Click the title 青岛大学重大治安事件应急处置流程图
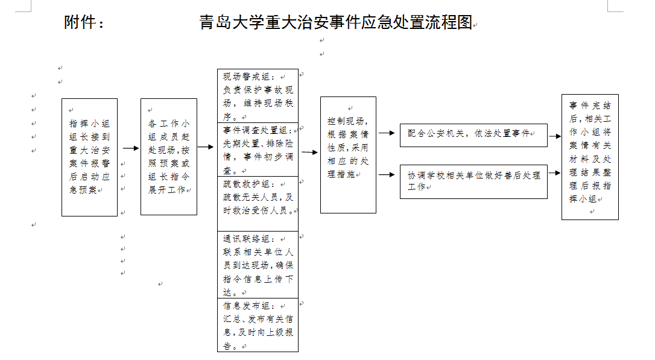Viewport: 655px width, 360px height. [x=335, y=23]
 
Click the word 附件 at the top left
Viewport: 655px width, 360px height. [x=84, y=23]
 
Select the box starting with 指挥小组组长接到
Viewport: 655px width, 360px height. [x=89, y=157]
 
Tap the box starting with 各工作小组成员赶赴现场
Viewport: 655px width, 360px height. [x=169, y=156]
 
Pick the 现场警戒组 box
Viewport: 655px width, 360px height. [x=258, y=96]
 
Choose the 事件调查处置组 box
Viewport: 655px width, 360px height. [x=258, y=150]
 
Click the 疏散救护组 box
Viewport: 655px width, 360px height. [x=258, y=203]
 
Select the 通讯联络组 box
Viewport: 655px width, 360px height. [x=258, y=265]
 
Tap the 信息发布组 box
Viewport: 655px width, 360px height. [x=258, y=325]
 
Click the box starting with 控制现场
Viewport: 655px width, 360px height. [x=348, y=155]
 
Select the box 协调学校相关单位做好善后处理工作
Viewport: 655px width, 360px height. [x=473, y=181]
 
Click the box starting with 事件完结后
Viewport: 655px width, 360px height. [x=590, y=157]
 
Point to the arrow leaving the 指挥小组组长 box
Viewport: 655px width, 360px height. [x=130, y=148]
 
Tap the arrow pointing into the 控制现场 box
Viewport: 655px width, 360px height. [x=309, y=152]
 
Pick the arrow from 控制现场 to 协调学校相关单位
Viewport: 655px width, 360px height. [x=387, y=175]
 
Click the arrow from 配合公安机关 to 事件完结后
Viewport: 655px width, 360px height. [x=555, y=136]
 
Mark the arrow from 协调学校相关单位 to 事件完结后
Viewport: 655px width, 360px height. [x=555, y=173]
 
